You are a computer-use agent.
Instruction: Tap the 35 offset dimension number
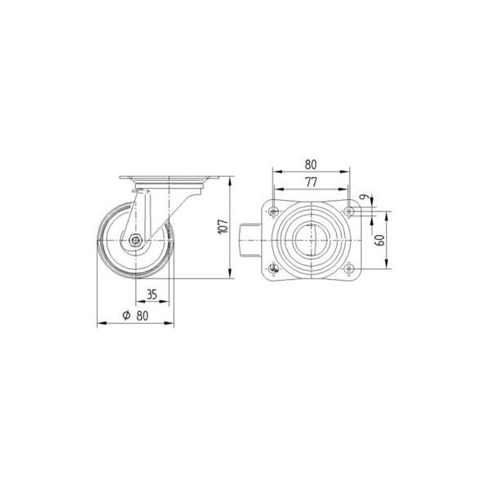(151, 294)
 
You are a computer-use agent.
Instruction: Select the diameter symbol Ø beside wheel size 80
(126, 316)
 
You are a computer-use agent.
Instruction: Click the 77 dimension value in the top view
(311, 182)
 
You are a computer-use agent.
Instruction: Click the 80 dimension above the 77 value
(311, 163)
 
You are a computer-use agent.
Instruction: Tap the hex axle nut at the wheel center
(135, 240)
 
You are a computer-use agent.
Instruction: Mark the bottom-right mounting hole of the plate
(350, 268)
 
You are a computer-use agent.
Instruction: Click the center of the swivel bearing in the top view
(312, 240)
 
